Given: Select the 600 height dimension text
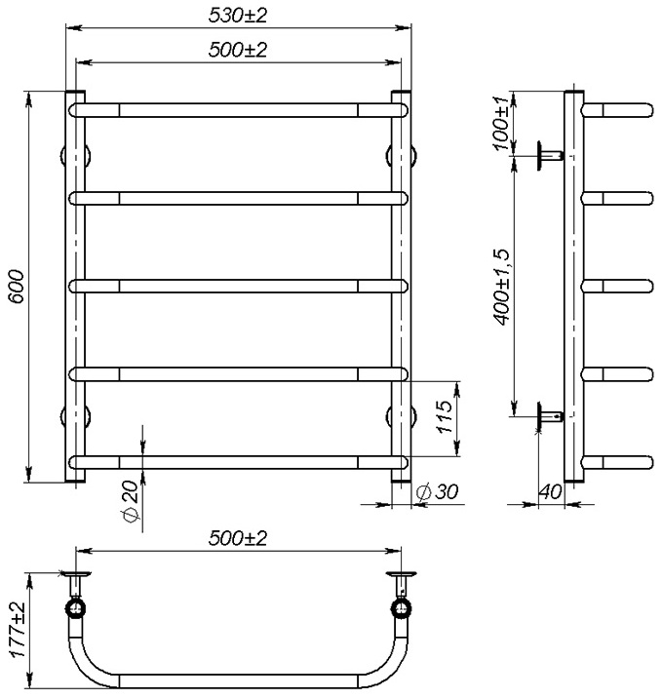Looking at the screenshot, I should [x=14, y=287].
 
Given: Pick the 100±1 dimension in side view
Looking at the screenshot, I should [x=500, y=124].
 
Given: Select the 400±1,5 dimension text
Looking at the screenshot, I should [x=500, y=287].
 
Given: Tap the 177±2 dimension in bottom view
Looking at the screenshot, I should [x=15, y=632].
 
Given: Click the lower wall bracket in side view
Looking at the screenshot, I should [x=548, y=416].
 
